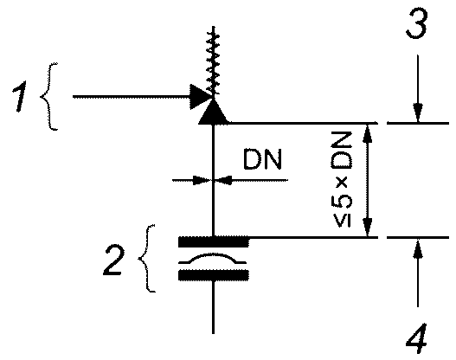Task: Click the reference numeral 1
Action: coord(20,97)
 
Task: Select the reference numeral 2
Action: coord(113,260)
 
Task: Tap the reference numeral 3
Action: coord(417,23)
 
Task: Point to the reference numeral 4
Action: coord(416,338)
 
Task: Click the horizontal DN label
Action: coord(262,159)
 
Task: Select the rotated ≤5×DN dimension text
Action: coord(342,179)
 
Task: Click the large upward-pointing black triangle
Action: coord(213,112)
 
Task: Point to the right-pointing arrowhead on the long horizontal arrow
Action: coord(200,97)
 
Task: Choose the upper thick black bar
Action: coord(214,242)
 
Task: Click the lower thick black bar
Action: coord(214,275)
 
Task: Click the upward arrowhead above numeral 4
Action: coord(418,248)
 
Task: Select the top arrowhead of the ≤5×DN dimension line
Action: coord(368,133)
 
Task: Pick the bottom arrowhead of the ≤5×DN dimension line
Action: coord(368,228)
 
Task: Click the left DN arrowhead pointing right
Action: coord(202,180)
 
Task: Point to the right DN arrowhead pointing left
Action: coord(224,180)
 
